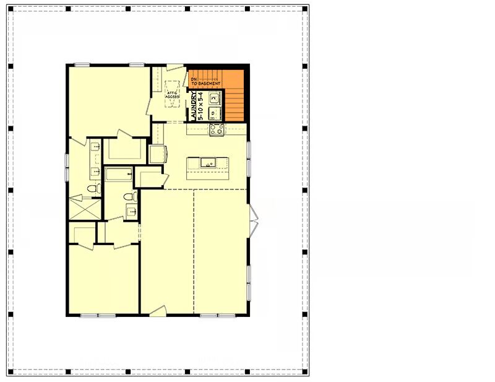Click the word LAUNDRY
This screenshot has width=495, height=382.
tap(194, 106)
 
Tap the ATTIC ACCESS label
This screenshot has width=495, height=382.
tap(173, 94)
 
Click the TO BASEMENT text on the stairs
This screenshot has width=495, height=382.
tap(206, 84)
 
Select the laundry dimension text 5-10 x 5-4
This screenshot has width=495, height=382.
tap(200, 106)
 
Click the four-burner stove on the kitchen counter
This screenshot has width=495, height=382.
tap(217, 129)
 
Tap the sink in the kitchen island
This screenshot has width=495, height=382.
tap(208, 163)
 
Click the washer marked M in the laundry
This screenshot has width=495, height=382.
tap(213, 98)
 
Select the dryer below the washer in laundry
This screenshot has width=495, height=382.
tap(213, 113)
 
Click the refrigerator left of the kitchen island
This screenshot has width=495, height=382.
tap(158, 154)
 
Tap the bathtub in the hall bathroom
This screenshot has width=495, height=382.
tap(118, 174)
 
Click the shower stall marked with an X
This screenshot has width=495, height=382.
tap(85, 209)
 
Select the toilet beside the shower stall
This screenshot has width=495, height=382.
tap(94, 189)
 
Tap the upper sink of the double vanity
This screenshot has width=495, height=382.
tap(95, 147)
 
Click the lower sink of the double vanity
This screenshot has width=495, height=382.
tap(95, 171)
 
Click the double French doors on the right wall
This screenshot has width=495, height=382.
tap(254, 220)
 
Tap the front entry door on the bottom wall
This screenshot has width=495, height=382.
tap(158, 311)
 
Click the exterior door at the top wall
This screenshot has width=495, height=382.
tap(175, 67)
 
